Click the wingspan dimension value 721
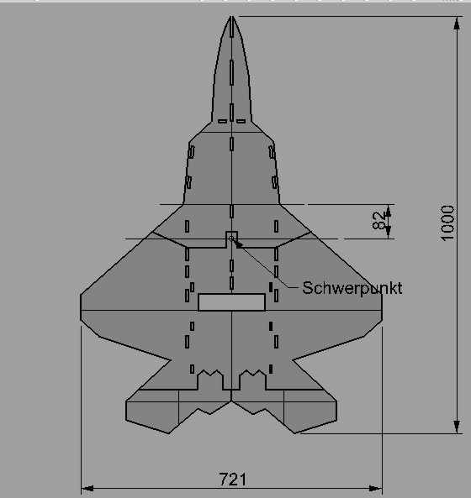pyautogui.click(x=232, y=479)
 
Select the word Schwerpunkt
pyautogui.click(x=352, y=288)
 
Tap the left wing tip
pyautogui.click(x=82, y=302)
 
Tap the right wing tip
pyautogui.click(x=383, y=302)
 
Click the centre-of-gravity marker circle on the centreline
pyautogui.click(x=232, y=239)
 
